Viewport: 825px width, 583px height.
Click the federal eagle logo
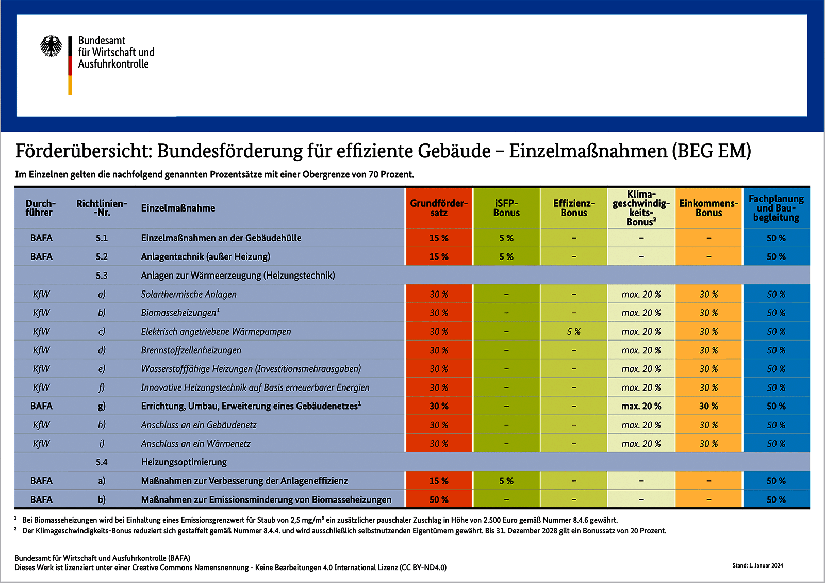point(51,46)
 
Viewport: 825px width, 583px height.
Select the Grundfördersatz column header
point(439,208)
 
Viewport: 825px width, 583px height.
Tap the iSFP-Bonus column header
point(506,208)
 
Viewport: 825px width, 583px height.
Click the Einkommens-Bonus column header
point(708,208)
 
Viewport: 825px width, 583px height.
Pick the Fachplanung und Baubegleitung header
point(776,208)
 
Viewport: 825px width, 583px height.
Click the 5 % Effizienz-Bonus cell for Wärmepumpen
point(574,332)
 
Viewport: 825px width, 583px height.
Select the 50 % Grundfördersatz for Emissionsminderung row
point(439,499)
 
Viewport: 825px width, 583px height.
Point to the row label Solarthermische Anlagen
point(189,294)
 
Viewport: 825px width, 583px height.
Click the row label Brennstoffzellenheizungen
point(191,350)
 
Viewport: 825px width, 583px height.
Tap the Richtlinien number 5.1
point(102,238)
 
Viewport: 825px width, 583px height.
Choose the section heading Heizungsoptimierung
point(184,462)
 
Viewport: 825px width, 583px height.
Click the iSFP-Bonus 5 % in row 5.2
point(506,257)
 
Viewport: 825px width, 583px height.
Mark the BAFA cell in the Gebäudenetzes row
point(41,406)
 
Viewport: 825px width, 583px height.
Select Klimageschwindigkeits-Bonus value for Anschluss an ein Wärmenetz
point(641,444)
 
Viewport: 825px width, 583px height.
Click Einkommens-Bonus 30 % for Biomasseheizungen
point(708,313)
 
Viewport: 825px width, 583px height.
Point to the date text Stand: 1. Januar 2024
point(757,565)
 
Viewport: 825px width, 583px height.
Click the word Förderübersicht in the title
point(83,151)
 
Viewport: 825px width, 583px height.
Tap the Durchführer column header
point(40,208)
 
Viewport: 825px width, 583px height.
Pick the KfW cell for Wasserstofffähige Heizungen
point(41,369)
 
